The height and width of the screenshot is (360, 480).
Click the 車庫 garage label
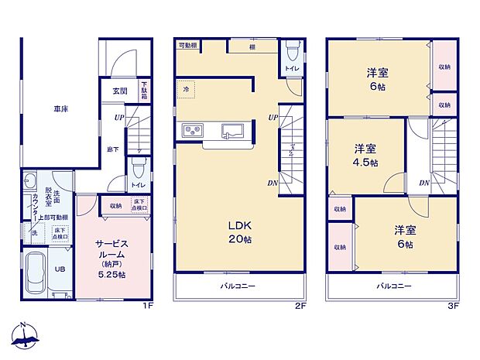[60, 109]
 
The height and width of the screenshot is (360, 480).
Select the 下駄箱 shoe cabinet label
[144, 91]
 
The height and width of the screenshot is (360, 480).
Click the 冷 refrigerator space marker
[186, 89]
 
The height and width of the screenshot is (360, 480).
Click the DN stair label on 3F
[424, 183]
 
